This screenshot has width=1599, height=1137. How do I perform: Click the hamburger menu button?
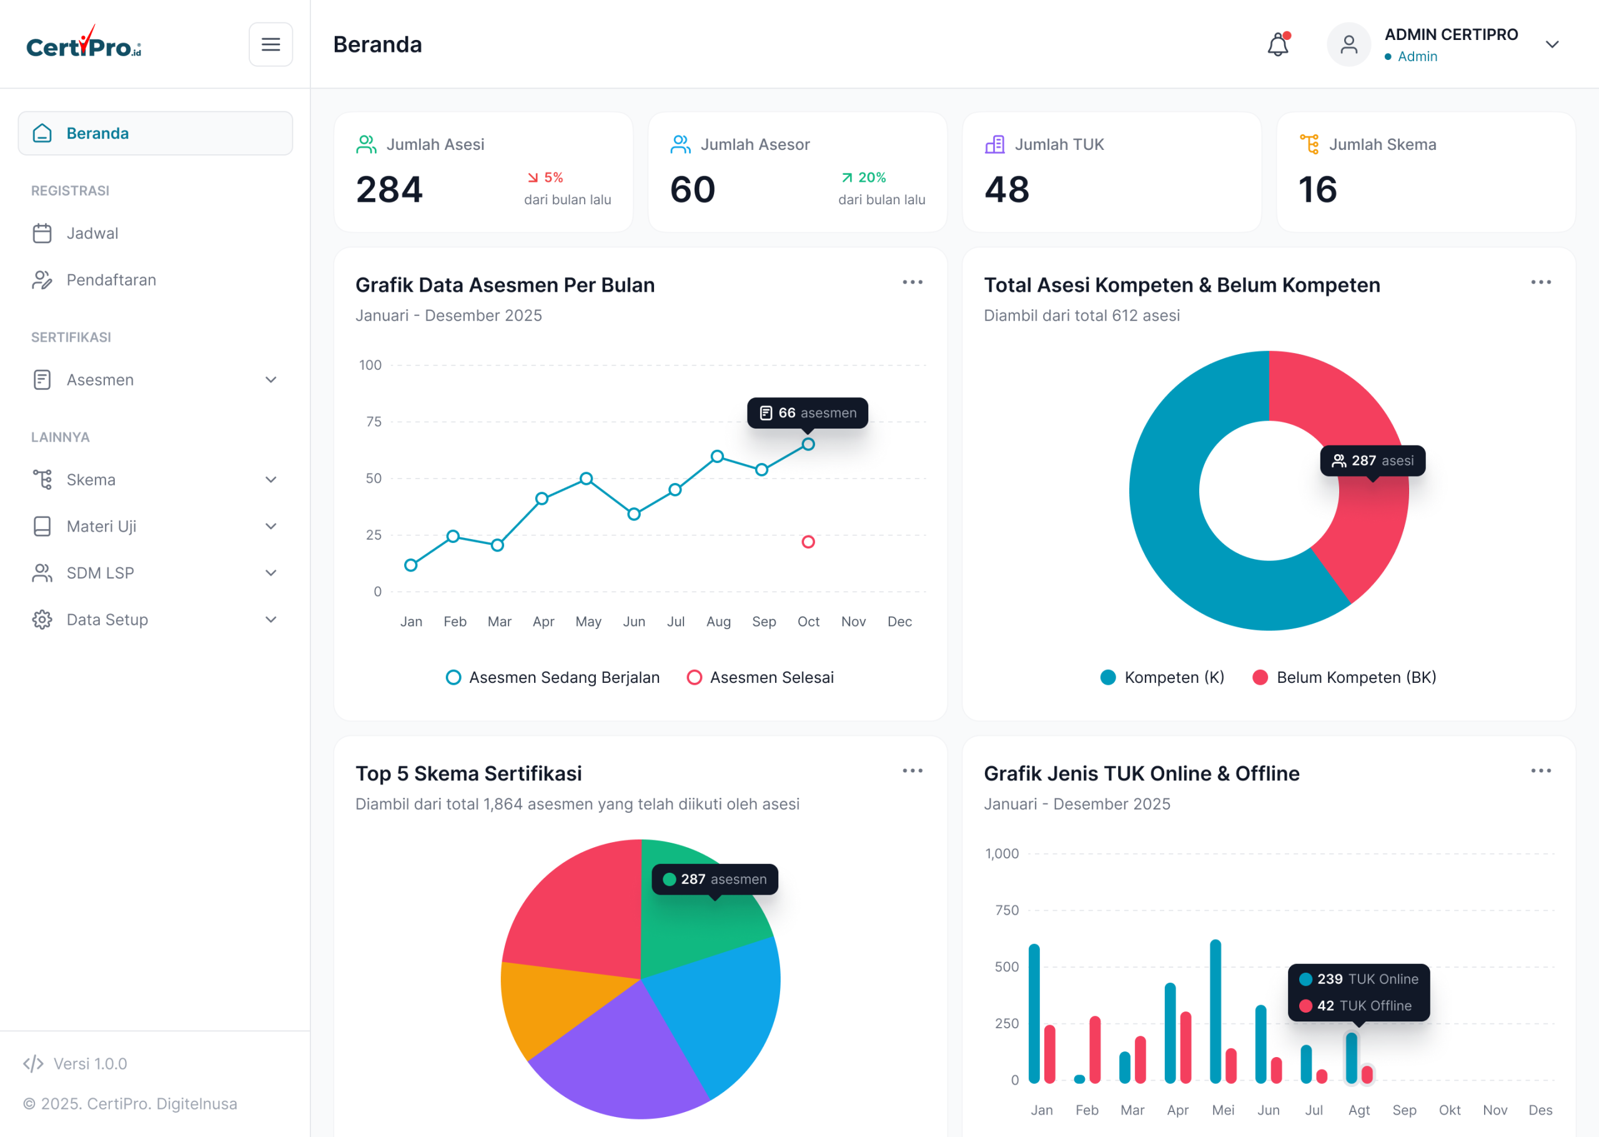(x=271, y=44)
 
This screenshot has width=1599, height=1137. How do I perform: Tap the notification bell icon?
(x=1278, y=44)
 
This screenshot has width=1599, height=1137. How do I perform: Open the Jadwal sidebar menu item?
(x=92, y=233)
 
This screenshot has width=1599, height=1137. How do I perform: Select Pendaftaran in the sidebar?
(x=111, y=280)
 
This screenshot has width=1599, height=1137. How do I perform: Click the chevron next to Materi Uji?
(x=271, y=527)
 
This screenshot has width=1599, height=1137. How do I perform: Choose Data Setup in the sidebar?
(x=106, y=620)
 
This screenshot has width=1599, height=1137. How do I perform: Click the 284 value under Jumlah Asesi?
(x=389, y=190)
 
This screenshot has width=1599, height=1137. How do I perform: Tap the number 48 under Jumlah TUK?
(x=1007, y=190)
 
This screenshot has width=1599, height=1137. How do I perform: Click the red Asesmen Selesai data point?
(x=808, y=542)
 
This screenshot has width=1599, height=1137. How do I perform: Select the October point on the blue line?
(x=808, y=445)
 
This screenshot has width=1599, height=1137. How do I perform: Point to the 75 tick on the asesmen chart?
(x=374, y=422)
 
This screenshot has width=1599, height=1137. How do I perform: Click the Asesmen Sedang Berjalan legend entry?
(x=553, y=678)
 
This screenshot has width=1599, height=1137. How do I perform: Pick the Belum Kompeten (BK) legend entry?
(x=1344, y=678)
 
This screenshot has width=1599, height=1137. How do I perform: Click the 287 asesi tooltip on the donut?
(x=1372, y=460)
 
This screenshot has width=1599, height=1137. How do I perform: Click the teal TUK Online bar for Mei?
(x=1215, y=1011)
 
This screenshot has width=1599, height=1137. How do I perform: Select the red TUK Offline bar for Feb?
(x=1095, y=1050)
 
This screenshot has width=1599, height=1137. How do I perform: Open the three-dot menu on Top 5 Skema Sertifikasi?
(x=913, y=771)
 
